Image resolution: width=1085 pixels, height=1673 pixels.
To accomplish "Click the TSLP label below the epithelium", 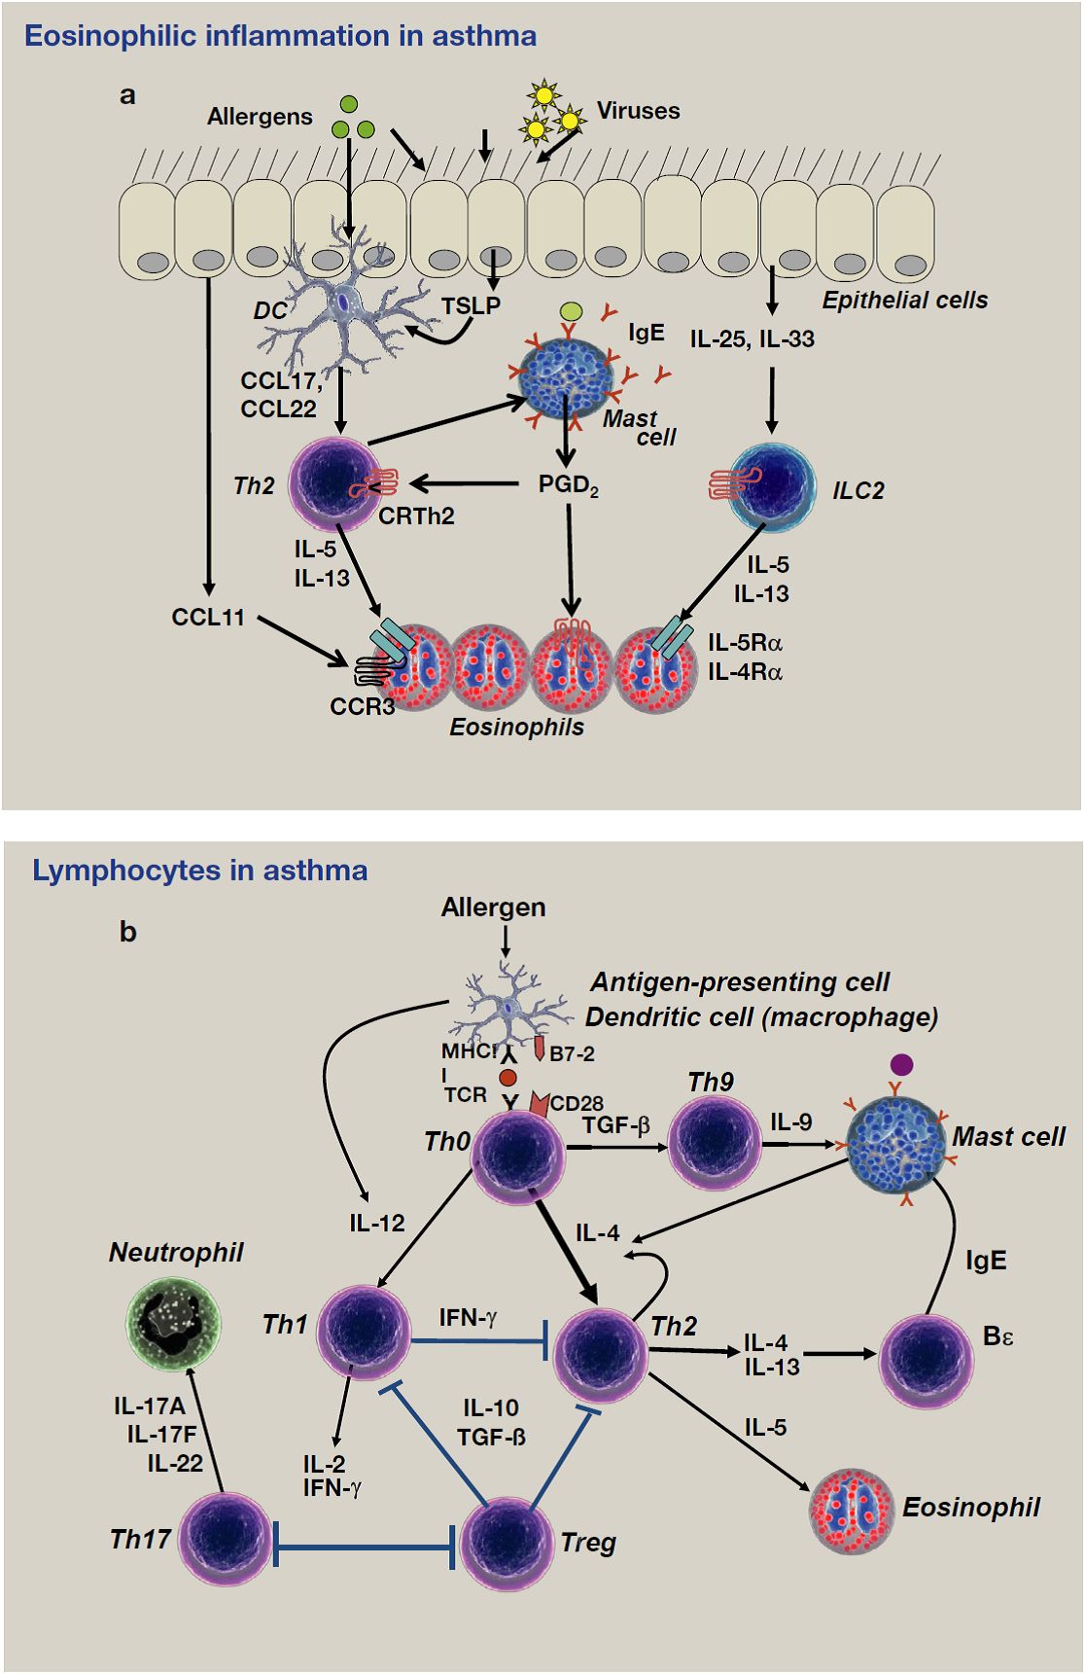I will [x=471, y=306].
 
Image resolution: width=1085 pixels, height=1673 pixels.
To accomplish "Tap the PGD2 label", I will [x=568, y=484].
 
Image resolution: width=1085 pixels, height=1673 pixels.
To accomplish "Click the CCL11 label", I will [x=208, y=618].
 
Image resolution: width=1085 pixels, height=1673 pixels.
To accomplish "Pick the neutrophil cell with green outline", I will [x=174, y=1322].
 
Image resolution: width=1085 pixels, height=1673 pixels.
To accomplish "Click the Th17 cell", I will [x=227, y=1539].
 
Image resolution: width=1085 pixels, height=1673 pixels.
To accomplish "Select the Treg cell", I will [x=506, y=1542].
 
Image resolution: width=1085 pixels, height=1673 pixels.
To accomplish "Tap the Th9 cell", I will [x=714, y=1144].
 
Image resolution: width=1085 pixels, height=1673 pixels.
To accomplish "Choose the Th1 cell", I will [x=365, y=1332].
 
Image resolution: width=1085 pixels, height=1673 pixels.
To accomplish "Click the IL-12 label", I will [x=377, y=1224].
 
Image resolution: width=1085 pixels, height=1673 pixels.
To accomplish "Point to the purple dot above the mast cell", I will [x=901, y=1064].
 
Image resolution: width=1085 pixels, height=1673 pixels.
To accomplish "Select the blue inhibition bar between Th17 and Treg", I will [x=365, y=1546].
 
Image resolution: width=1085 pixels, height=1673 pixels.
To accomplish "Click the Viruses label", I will [x=638, y=111].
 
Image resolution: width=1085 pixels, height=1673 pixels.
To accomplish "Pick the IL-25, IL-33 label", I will [x=752, y=339].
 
